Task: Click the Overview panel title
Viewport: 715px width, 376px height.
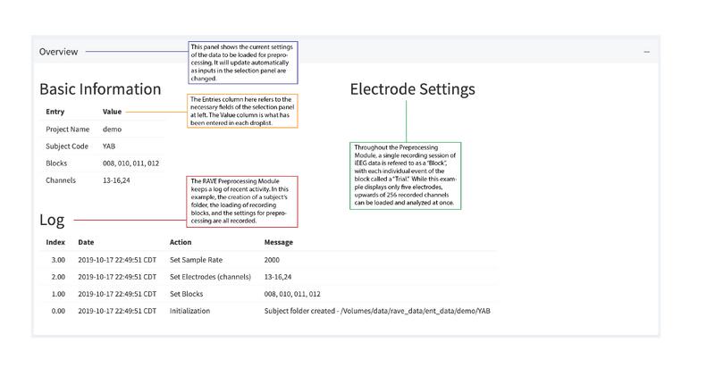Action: [x=58, y=52]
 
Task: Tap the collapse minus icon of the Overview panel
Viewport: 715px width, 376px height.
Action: [x=646, y=52]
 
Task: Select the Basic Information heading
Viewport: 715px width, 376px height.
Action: [x=100, y=89]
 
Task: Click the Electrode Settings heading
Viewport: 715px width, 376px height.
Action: [x=412, y=89]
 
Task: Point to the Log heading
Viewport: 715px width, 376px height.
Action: [x=52, y=220]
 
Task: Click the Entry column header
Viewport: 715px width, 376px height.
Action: [x=55, y=112]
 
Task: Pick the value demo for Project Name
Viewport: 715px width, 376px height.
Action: [x=113, y=130]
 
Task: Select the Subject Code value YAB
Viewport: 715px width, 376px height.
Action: [x=109, y=146]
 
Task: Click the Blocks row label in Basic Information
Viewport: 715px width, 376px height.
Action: [x=56, y=163]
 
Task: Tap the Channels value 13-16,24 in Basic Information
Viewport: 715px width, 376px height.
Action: [x=116, y=180]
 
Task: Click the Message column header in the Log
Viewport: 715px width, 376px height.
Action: [x=279, y=242]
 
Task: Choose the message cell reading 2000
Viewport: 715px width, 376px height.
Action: [x=272, y=260]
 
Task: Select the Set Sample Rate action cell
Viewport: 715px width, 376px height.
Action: [x=196, y=260]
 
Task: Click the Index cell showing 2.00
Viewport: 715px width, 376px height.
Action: [x=58, y=277]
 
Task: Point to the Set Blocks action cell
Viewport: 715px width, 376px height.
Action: [x=187, y=294]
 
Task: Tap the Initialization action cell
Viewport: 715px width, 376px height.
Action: [x=189, y=311]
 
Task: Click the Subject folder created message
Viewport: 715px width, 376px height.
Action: [x=377, y=311]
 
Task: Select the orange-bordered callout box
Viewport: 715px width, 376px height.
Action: [x=242, y=111]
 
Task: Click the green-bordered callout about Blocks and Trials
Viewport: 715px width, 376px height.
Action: [x=406, y=176]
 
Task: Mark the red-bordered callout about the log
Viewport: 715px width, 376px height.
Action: [x=242, y=202]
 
